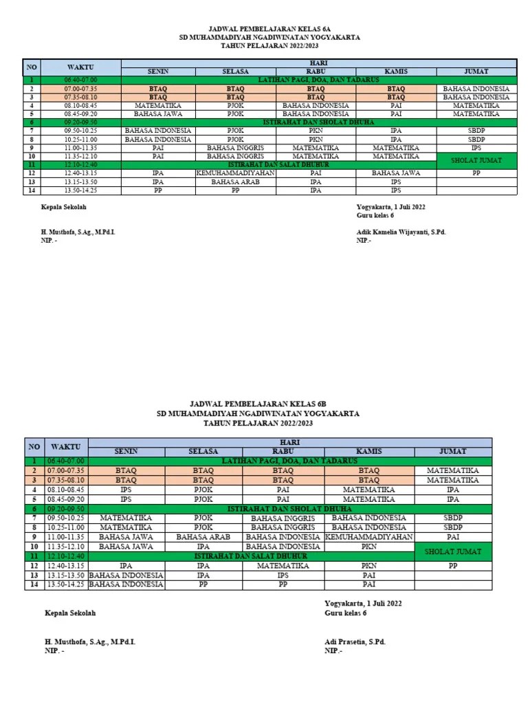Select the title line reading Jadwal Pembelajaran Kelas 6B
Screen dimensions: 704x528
coord(264,405)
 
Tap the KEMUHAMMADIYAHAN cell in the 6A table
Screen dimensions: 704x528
coord(236,173)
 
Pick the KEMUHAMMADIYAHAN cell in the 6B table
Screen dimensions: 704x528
coord(368,536)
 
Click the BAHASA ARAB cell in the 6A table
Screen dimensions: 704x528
coord(236,182)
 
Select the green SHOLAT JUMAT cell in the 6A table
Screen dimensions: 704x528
coord(475,160)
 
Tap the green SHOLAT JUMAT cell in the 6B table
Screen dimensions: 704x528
coord(452,551)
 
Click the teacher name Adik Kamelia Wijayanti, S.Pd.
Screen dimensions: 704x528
coord(401,232)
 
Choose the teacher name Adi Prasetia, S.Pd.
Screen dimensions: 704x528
coord(355,641)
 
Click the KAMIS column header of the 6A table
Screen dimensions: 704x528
coord(396,71)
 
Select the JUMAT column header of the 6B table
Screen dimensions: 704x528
coord(452,451)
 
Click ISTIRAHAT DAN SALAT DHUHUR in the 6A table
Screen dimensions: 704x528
coord(278,165)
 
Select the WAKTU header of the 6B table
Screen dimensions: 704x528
coord(67,446)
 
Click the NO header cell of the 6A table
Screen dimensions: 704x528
coord(31,67)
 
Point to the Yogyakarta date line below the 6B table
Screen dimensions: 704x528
coord(363,603)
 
